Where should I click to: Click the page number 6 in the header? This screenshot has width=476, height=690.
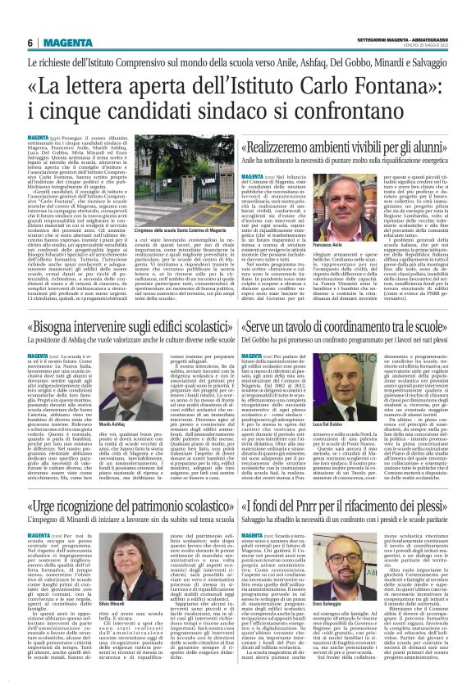coord(30,43)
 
